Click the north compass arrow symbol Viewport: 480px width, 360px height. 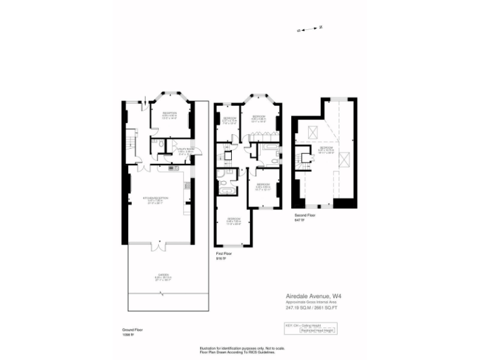[309, 29]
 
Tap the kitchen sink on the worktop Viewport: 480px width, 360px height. [173, 167]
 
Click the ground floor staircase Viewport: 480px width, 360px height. [130, 142]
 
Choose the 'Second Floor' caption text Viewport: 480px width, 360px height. [306, 215]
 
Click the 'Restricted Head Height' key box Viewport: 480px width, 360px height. [317, 330]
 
